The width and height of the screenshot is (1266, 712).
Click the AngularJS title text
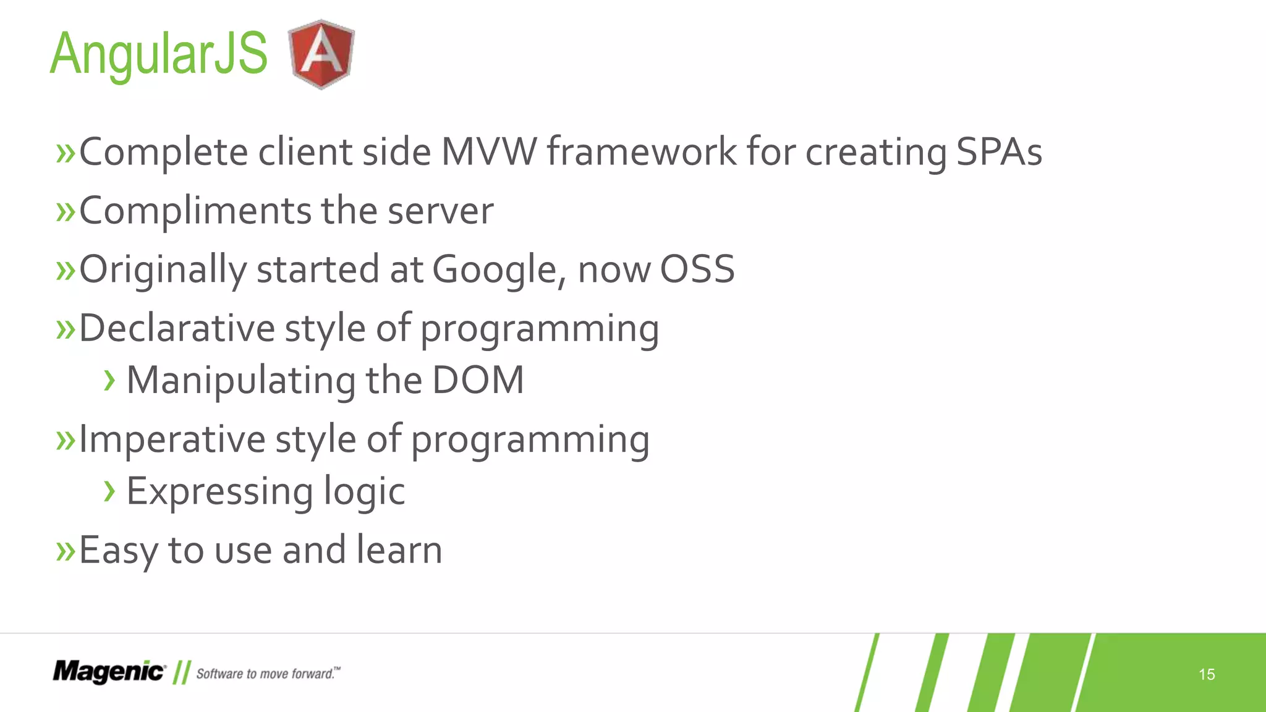[x=158, y=54]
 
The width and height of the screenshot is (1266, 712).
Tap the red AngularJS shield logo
[x=321, y=54]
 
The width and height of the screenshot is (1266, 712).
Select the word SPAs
[x=999, y=151]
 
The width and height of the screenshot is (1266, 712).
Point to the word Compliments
[x=195, y=211]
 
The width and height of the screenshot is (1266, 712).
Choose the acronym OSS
[x=697, y=269]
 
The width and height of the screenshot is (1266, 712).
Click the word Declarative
[x=176, y=328]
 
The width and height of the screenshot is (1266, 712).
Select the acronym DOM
[x=477, y=379]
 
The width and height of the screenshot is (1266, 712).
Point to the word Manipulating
[x=241, y=381]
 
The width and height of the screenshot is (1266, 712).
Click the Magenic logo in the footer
[x=109, y=672]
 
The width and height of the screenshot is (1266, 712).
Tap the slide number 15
[x=1206, y=674]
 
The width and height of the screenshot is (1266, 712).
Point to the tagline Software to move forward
[x=268, y=674]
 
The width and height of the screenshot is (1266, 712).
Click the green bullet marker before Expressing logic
[x=109, y=491]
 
